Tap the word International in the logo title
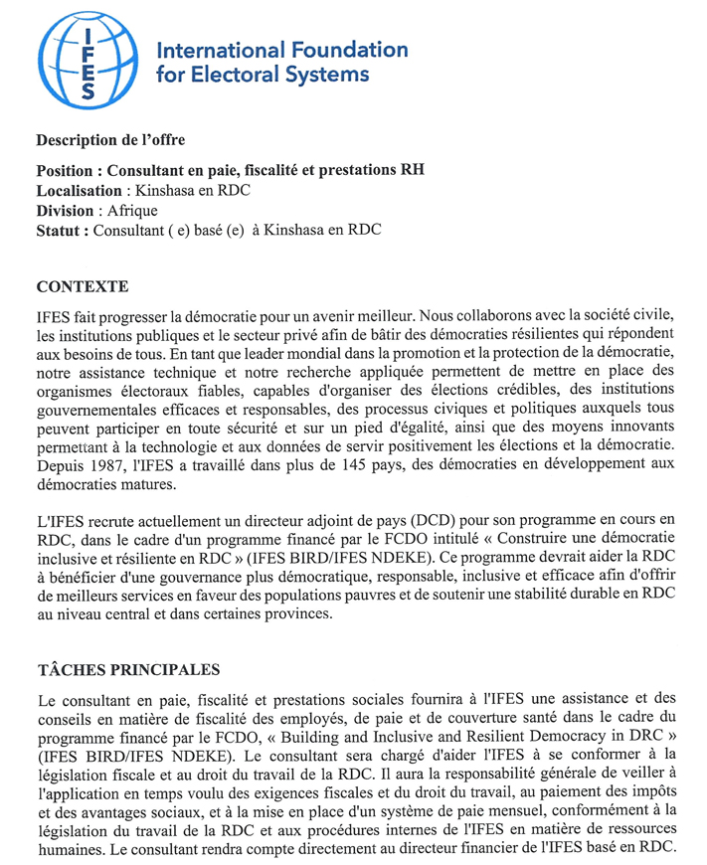216,50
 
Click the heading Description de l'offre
110,140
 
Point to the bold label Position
68,170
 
